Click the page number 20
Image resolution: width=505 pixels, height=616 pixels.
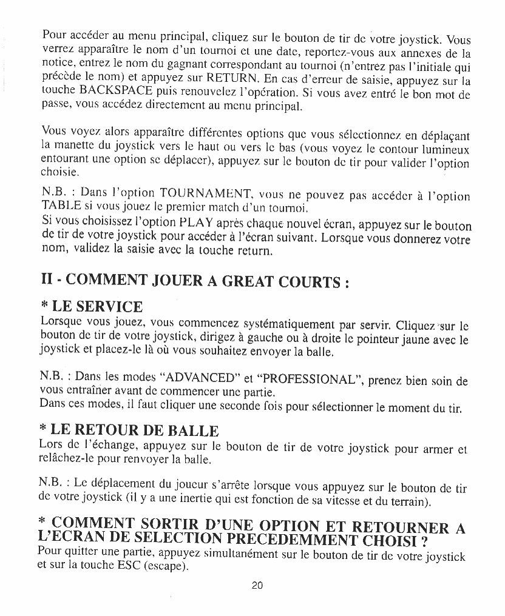(x=256, y=586)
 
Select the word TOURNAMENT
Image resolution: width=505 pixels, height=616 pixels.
(x=198, y=193)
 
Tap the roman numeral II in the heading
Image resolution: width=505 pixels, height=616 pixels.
(x=46, y=282)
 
